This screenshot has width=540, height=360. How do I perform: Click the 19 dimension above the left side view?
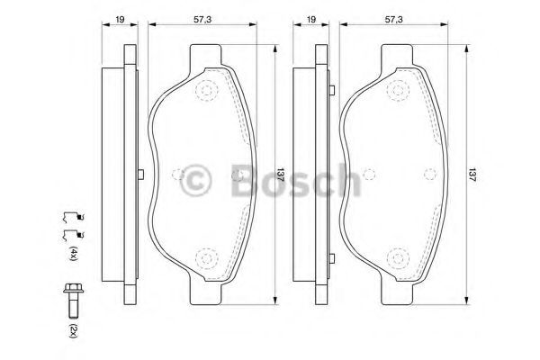pos(120,19)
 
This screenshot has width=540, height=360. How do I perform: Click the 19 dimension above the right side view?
pos(311,19)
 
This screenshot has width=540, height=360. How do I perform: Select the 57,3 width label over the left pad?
pos(202,19)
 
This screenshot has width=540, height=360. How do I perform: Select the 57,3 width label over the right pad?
pos(393,19)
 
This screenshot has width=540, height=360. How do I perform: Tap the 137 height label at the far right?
pos(472,175)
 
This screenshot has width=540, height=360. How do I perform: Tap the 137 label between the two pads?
pos(281,175)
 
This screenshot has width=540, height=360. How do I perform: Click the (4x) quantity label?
pos(73,253)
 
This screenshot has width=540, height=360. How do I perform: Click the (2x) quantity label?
pos(73,330)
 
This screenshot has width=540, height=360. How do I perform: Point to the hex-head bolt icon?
pos(74,301)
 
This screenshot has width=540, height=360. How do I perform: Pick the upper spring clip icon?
pos(74,217)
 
